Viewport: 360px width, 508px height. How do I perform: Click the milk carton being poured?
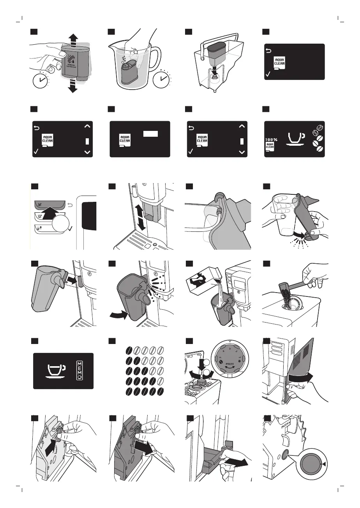pyautogui.click(x=202, y=277)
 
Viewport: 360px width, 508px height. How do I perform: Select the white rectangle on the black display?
pyautogui.click(x=150, y=134)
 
